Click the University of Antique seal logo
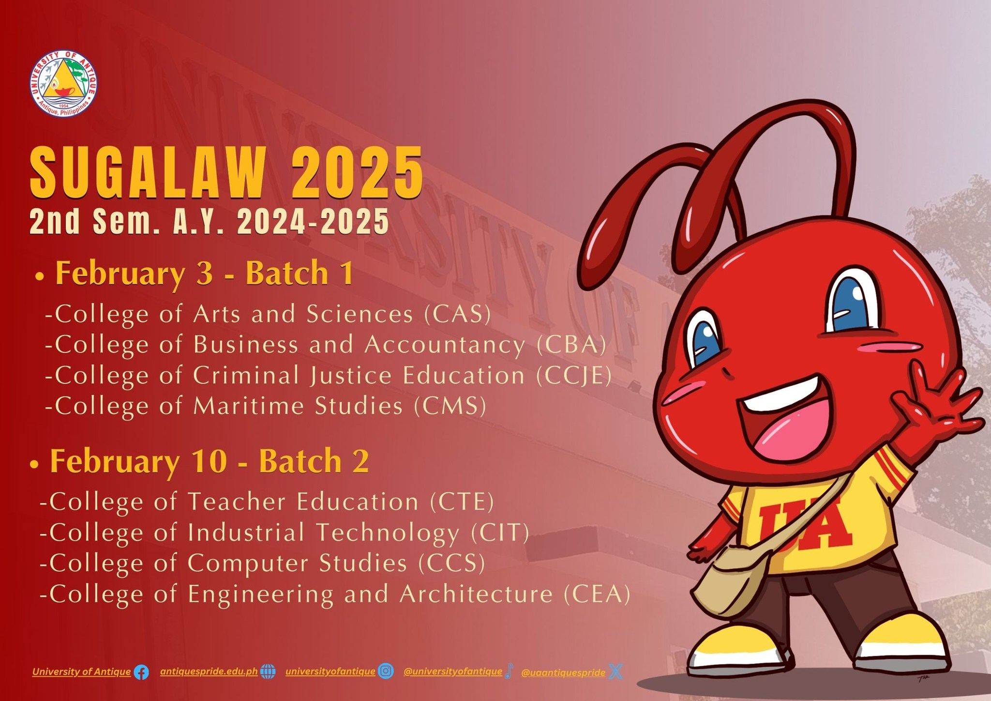[x=63, y=84]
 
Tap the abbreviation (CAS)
[x=457, y=314]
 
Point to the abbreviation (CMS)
[x=450, y=406]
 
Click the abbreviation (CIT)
[x=500, y=533]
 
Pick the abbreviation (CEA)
[x=597, y=594]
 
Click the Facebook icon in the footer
[x=141, y=672]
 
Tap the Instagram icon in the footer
[x=386, y=671]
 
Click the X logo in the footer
[x=616, y=671]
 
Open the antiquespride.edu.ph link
[x=209, y=672]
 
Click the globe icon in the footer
[x=268, y=671]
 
